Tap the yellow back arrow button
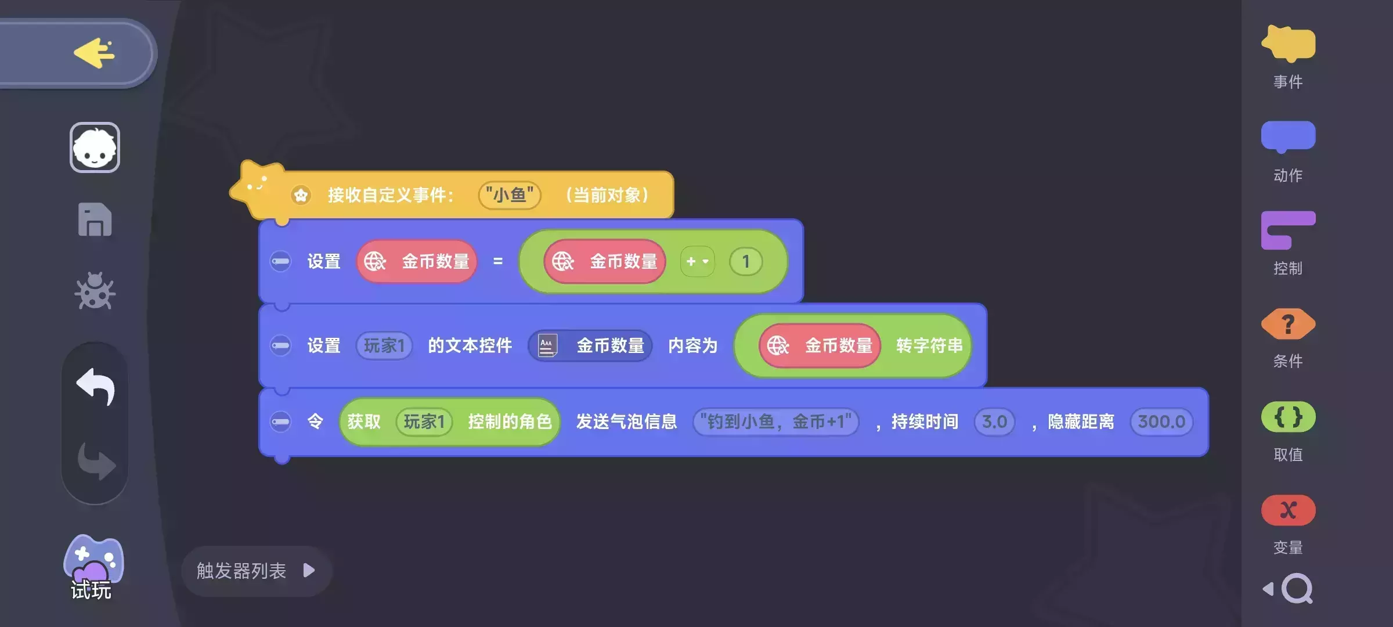point(94,53)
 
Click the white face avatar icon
point(95,147)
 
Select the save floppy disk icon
point(95,220)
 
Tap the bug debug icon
point(95,291)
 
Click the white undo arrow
point(95,386)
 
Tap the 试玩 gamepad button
point(93,567)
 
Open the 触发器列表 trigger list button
point(256,571)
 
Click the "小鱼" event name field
point(509,195)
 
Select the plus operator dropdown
point(697,262)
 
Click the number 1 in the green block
point(746,262)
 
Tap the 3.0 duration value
point(994,421)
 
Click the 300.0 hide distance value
point(1161,421)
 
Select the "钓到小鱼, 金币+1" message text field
point(775,421)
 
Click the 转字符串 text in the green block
point(929,346)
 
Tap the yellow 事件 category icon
point(1288,44)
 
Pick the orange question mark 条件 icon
point(1288,324)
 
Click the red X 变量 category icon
point(1288,510)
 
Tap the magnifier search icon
point(1297,589)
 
